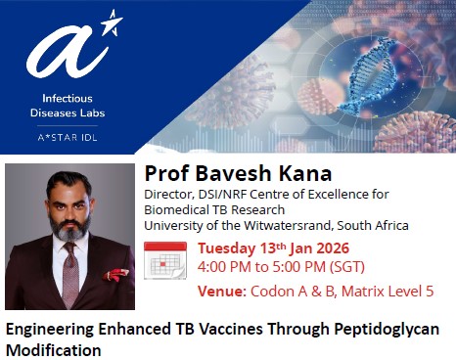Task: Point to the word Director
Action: pos(170,194)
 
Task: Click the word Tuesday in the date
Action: pos(229,247)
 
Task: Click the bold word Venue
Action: pos(220,291)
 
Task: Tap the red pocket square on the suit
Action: pos(115,275)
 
